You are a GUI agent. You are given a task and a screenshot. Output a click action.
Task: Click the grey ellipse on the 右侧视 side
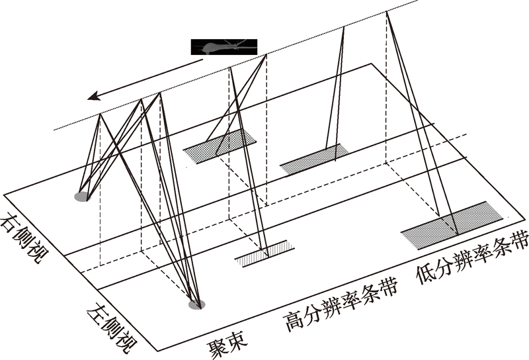[81, 196]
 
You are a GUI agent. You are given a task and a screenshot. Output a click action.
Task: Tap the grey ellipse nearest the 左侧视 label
[196, 304]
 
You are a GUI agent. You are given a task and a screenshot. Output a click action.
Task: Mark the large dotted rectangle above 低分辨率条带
[453, 225]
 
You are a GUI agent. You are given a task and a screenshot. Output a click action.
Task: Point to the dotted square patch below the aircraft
[220, 144]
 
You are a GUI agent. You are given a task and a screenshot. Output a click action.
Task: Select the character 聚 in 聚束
[216, 347]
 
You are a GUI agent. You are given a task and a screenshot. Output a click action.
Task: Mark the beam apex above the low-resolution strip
[387, 13]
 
